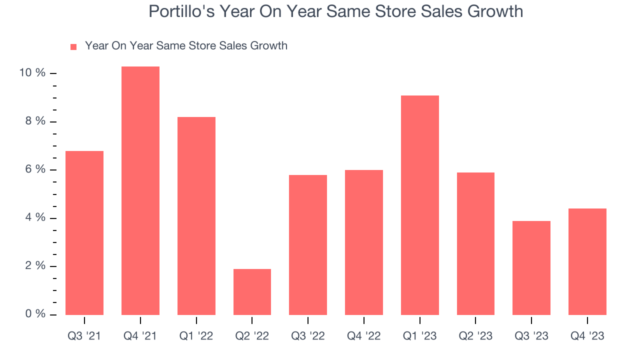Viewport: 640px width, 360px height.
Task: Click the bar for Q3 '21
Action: coord(84,232)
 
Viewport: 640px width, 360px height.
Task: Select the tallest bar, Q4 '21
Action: coord(140,190)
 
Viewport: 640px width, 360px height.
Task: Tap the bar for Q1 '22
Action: coord(196,215)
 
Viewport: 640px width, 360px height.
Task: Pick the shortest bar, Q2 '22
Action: coord(252,291)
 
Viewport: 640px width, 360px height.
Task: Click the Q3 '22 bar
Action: coord(308,244)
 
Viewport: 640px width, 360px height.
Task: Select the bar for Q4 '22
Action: coord(364,242)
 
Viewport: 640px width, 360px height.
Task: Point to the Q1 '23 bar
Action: coord(420,205)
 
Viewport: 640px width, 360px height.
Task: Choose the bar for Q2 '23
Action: coord(475,243)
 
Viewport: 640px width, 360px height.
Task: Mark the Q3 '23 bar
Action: coord(531,267)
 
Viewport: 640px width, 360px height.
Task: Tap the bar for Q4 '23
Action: coord(587,261)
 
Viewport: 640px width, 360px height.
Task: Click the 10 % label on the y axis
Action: coord(32,73)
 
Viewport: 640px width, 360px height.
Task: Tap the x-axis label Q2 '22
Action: coord(252,336)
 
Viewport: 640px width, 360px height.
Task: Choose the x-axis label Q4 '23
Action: coord(587,336)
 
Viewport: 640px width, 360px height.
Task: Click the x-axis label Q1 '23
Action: coord(420,336)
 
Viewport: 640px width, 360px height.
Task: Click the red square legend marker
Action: coord(73,46)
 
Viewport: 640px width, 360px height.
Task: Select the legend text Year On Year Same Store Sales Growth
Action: coord(186,46)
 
